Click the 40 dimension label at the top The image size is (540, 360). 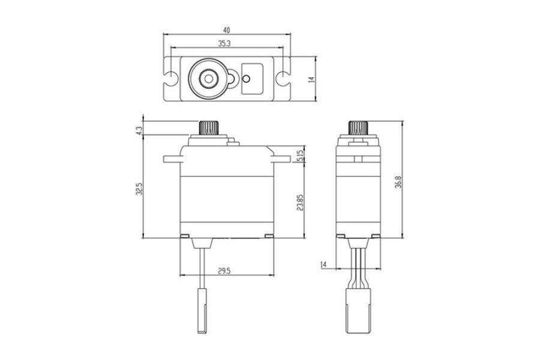point(226,30)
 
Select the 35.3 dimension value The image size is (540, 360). point(224,43)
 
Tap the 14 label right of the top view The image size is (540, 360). point(312,79)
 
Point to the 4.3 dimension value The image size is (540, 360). point(139,131)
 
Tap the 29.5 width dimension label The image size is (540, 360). point(224,271)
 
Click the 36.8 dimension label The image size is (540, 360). point(398,182)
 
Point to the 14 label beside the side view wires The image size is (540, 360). point(323,265)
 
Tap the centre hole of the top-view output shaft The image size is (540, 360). point(208,79)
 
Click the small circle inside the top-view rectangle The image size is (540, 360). point(246,79)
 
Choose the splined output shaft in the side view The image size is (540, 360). point(359,128)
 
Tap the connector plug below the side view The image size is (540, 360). point(359,310)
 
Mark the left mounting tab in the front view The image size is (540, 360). point(172,159)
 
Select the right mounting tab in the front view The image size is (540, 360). point(281,159)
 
